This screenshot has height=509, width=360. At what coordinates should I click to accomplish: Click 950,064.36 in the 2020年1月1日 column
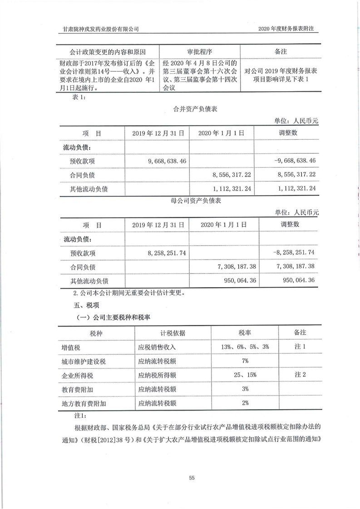[241, 280]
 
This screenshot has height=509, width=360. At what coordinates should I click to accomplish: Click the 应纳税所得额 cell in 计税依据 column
[157, 375]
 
